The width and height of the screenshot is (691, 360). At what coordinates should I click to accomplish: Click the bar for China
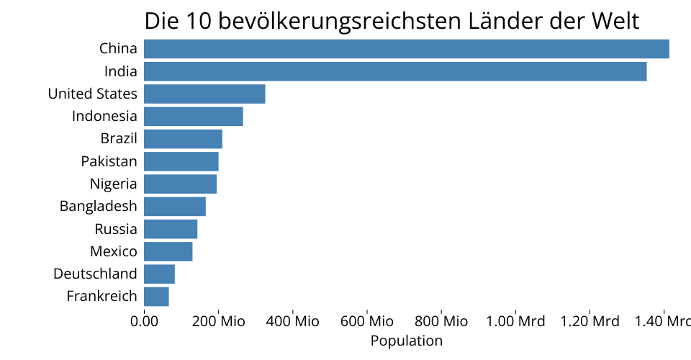click(407, 49)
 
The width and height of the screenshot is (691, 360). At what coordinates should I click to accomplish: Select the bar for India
click(395, 71)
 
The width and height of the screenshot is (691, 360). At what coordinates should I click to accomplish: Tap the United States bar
click(204, 94)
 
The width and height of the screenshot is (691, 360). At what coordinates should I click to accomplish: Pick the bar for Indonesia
click(194, 116)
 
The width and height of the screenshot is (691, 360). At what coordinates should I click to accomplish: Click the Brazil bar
click(183, 139)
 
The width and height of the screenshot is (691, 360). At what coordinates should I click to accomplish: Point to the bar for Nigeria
click(180, 184)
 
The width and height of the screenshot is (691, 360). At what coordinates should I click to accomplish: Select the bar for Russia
click(171, 229)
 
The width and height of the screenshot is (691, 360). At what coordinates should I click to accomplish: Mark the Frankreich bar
click(156, 296)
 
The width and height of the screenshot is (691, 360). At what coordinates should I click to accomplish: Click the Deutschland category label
click(95, 274)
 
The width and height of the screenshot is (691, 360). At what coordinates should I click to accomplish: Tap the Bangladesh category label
click(98, 207)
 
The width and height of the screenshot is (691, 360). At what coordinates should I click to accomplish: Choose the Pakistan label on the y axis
click(109, 161)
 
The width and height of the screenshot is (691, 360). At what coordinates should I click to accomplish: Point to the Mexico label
click(113, 251)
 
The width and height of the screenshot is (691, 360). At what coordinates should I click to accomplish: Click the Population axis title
click(407, 341)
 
